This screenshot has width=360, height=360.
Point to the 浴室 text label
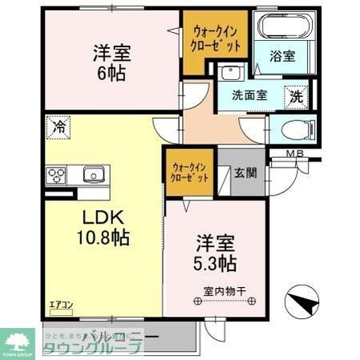282,58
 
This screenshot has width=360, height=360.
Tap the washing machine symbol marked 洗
296,95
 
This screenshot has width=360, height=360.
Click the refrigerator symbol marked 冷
58,126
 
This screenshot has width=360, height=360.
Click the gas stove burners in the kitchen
58,175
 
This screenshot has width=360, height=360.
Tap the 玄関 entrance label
245,172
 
